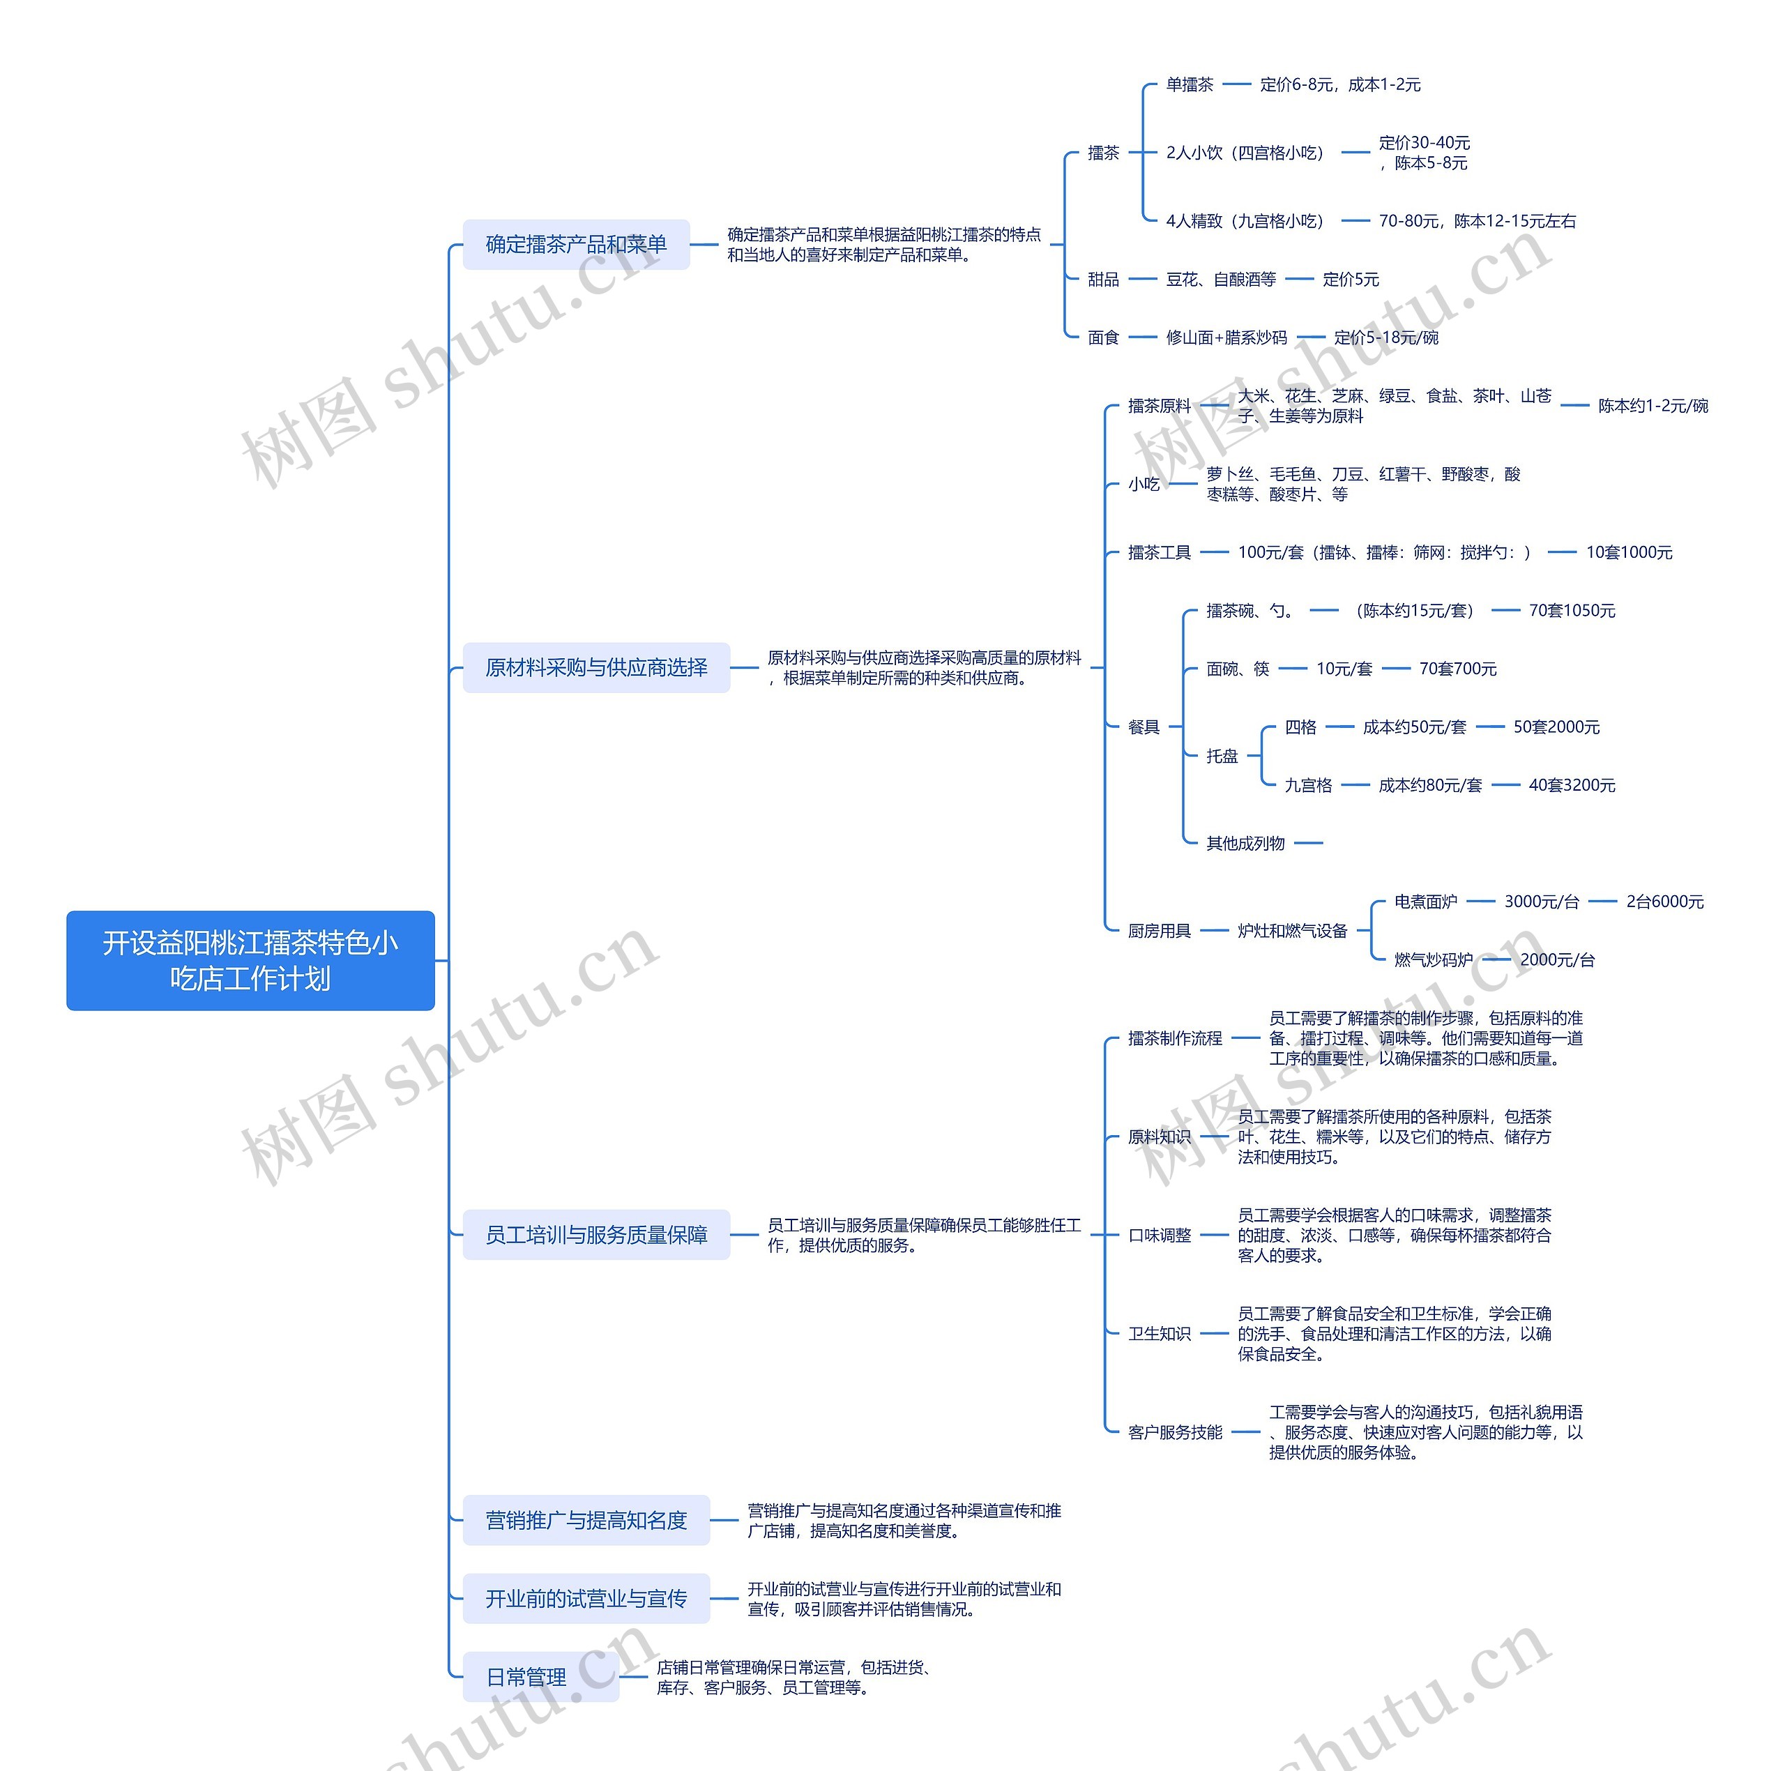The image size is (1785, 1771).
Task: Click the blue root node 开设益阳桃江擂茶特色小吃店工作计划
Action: coord(250,960)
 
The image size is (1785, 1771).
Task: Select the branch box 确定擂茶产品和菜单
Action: coord(576,245)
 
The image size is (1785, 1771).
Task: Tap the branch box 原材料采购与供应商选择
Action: coord(596,667)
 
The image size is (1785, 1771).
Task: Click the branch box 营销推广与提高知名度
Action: coord(586,1520)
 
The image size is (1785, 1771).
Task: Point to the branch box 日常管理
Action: coord(526,1677)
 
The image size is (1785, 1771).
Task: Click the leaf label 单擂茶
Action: coord(1189,85)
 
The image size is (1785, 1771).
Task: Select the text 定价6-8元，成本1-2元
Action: coord(1339,85)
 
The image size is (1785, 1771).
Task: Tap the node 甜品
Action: coord(1103,279)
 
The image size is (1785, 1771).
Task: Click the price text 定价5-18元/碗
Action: coord(1386,337)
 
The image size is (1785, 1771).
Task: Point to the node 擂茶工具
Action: coord(1159,552)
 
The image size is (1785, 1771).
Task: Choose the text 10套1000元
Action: coord(1629,552)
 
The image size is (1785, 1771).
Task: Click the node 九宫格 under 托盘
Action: coord(1308,785)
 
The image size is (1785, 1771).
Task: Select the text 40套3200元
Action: coord(1572,785)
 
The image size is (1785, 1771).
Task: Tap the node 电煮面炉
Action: coord(1426,902)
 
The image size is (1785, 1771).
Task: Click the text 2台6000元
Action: coord(1665,902)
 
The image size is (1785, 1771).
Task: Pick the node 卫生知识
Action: coord(1159,1333)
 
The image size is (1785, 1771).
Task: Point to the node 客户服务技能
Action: coord(1174,1432)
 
